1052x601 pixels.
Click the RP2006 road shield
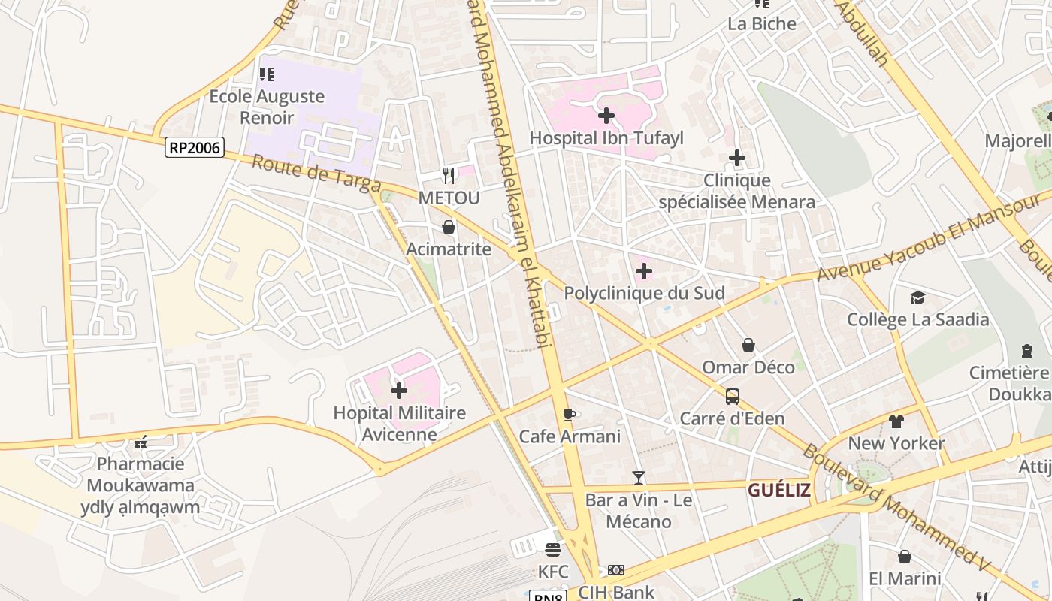click(195, 147)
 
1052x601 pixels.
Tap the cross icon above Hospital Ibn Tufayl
click(606, 116)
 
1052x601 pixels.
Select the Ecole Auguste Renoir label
click(267, 107)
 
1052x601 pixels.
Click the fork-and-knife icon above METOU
click(449, 176)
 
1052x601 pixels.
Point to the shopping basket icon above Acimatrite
click(449, 227)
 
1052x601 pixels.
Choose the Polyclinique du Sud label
click(644, 293)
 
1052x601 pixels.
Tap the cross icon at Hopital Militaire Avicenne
click(399, 391)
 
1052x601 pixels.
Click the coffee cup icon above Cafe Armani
click(570, 415)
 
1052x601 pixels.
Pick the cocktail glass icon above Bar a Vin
click(639, 477)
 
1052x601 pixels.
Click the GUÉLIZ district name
click(779, 491)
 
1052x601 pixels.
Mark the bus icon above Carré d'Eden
click(732, 397)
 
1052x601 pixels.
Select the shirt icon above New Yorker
click(896, 421)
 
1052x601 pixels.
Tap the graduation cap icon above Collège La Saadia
click(917, 298)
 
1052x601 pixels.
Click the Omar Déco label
click(748, 367)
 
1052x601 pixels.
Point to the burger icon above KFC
click(553, 550)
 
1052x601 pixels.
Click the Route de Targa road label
click(316, 174)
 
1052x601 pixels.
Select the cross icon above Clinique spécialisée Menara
click(737, 158)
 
